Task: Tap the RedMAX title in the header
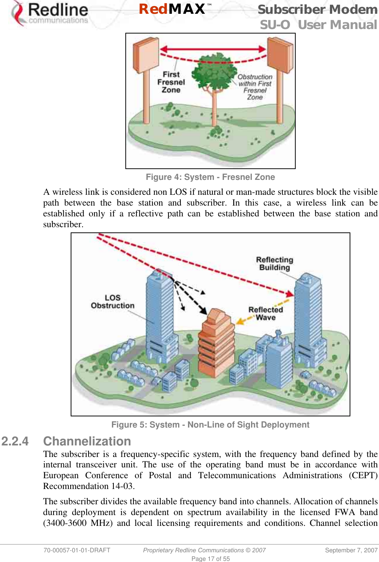click(172, 9)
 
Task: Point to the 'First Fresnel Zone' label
click(171, 82)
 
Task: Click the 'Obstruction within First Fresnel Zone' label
click(255, 87)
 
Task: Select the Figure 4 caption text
click(210, 177)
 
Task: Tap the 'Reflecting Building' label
click(274, 263)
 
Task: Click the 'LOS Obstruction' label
click(113, 302)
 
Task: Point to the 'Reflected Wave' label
click(266, 313)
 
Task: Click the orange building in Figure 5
click(216, 343)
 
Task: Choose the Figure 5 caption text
click(210, 425)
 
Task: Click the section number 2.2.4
click(15, 441)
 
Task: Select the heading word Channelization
click(87, 441)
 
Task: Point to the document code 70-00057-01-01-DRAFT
click(77, 550)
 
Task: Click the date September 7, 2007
click(351, 550)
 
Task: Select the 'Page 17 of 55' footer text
click(211, 559)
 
